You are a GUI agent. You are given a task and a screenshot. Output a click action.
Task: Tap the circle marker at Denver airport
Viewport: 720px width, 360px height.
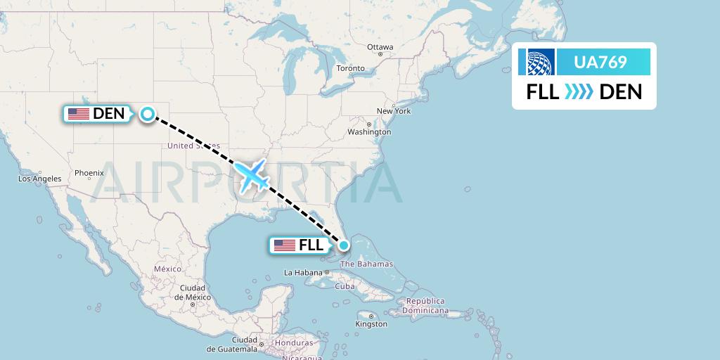148,113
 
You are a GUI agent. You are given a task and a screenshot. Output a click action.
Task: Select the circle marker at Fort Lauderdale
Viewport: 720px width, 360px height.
344,245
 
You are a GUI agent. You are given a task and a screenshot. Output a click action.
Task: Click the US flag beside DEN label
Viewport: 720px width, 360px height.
78,113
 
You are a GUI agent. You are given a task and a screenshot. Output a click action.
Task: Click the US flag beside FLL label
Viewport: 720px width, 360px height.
285,245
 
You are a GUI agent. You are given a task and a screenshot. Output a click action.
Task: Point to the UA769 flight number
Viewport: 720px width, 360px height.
600,62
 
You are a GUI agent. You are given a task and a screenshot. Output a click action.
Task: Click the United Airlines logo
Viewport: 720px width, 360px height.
536,62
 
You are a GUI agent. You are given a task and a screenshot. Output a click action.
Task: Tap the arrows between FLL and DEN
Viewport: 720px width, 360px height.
579,91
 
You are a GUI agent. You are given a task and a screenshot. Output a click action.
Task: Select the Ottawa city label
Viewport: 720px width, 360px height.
380,47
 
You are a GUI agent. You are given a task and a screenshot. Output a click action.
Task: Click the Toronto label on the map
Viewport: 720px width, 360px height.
350,68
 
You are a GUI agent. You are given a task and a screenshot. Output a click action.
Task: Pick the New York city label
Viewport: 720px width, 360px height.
394,111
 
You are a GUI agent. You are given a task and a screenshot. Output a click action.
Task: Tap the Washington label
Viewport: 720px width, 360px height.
369,131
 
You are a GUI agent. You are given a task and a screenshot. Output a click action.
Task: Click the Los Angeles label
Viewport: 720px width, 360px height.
39,179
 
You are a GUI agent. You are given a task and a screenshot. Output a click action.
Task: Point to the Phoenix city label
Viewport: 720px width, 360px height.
89,172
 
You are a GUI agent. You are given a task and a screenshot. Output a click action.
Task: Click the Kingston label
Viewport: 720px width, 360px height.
372,324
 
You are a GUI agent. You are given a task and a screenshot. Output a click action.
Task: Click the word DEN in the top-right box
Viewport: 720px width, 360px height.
622,91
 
